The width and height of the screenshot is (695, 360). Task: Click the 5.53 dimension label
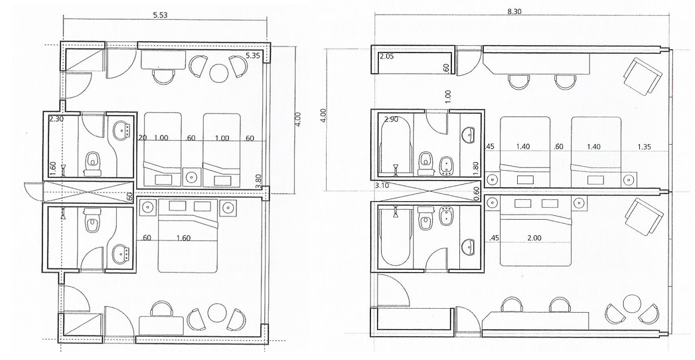pyautogui.click(x=161, y=15)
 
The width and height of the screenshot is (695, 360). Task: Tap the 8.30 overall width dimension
pyautogui.click(x=514, y=11)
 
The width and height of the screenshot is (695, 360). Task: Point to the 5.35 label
pyautogui.click(x=253, y=55)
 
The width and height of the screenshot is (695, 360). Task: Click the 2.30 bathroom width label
pyautogui.click(x=56, y=119)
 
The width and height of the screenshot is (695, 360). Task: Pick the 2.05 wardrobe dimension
pyautogui.click(x=386, y=56)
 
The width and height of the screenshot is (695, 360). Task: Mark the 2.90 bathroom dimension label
pyautogui.click(x=392, y=120)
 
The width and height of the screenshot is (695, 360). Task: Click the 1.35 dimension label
pyautogui.click(x=644, y=147)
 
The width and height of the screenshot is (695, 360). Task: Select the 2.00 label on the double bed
pyautogui.click(x=534, y=238)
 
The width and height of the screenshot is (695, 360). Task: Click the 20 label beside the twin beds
pyautogui.click(x=142, y=138)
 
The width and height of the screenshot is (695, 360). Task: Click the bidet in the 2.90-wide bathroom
pyautogui.click(x=445, y=166)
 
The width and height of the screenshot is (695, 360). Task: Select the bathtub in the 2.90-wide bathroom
pyautogui.click(x=396, y=145)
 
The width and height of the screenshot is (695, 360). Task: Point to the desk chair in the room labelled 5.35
pyautogui.click(x=163, y=76)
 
